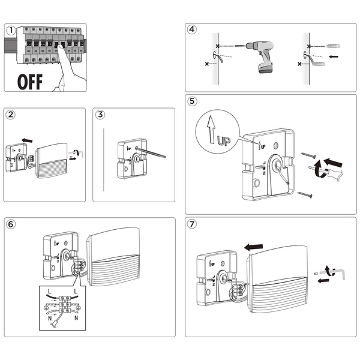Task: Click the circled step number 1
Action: [x=11, y=30]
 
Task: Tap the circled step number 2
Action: [x=11, y=114]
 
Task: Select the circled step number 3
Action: [x=100, y=114]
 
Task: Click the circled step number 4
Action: [x=191, y=29]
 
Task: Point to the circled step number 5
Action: [x=192, y=101]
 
